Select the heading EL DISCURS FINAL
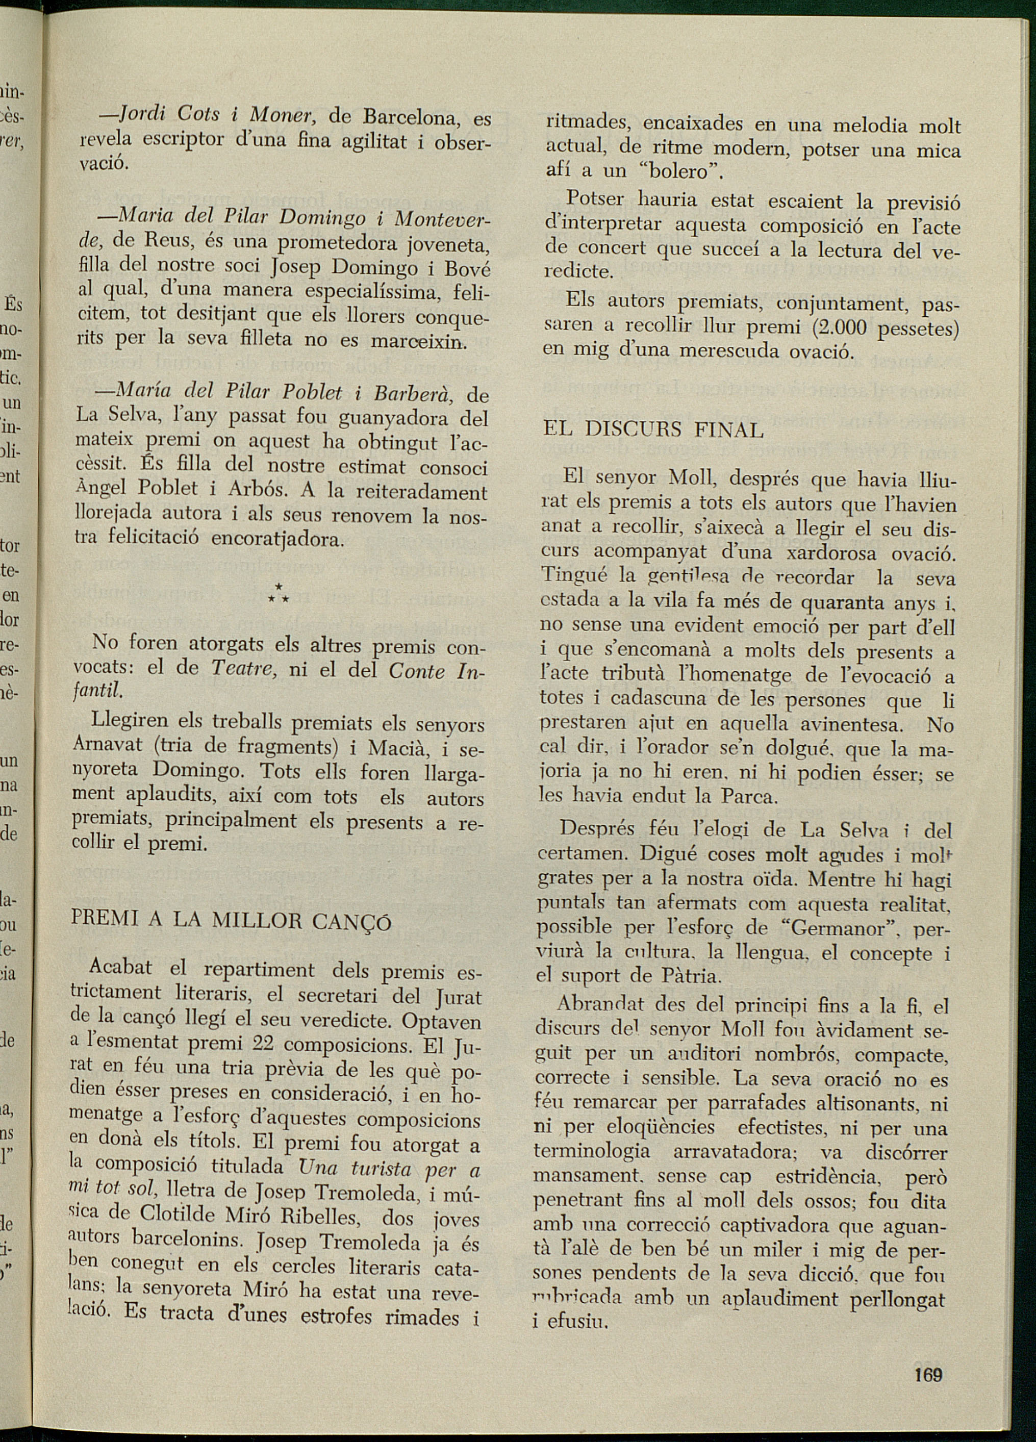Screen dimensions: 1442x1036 pos(652,430)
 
